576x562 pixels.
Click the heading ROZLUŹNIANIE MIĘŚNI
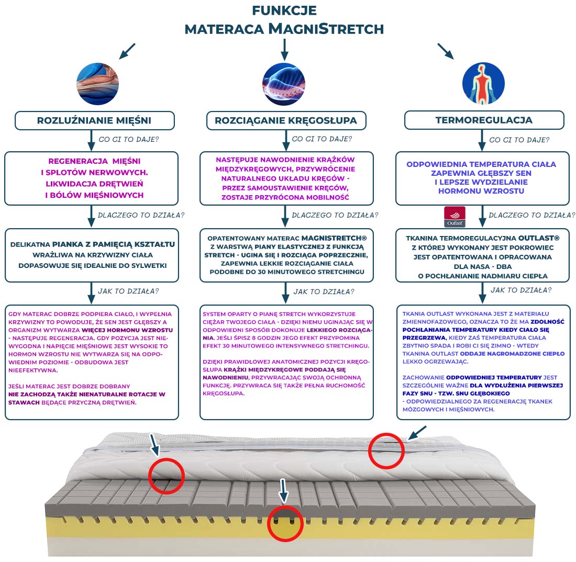[94, 120]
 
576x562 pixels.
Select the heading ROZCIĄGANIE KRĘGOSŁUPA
[286, 120]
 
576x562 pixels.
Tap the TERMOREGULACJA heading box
[484, 120]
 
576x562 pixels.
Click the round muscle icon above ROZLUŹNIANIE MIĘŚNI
[97, 84]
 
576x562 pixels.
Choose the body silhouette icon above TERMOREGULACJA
[483, 84]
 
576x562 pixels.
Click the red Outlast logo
[454, 216]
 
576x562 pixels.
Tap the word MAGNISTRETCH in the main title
[326, 28]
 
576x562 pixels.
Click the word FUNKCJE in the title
[284, 10]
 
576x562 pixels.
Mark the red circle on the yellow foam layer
[285, 523]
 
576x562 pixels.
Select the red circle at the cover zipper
[386, 450]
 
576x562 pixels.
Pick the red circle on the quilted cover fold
[167, 475]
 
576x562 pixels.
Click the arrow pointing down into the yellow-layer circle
[284, 490]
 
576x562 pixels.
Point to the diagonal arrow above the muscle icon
[127, 51]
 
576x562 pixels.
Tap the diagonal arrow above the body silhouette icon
[446, 51]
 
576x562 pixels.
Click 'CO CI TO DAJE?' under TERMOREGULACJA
[519, 140]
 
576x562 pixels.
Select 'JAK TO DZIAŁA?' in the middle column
[323, 291]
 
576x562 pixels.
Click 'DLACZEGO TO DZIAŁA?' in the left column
[141, 215]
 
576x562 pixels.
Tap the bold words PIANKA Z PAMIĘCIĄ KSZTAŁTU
[113, 244]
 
